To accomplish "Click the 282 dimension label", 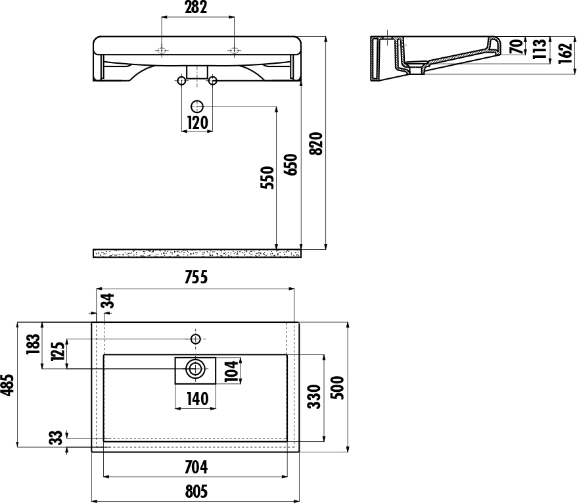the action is (196, 7).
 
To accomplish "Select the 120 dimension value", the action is (198, 122).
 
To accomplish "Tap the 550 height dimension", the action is (267, 178).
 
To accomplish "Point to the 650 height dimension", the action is (290, 164).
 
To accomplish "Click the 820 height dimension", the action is (316, 143).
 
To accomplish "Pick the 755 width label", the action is (196, 277).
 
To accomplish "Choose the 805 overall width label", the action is (196, 492).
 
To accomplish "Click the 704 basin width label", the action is (196, 467).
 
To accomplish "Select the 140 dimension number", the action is (198, 398).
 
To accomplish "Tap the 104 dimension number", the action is (231, 371).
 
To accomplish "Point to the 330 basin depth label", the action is (314, 396).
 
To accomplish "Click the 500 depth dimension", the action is (337, 388).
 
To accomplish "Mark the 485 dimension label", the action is (7, 385).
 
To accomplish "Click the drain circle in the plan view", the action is (195, 369).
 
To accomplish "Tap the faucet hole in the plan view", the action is (195, 339).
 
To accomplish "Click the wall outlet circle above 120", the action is (197, 107).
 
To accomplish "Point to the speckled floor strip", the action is (197, 253).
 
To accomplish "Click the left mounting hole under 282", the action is (161, 51).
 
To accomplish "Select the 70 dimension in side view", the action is (517, 46).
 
